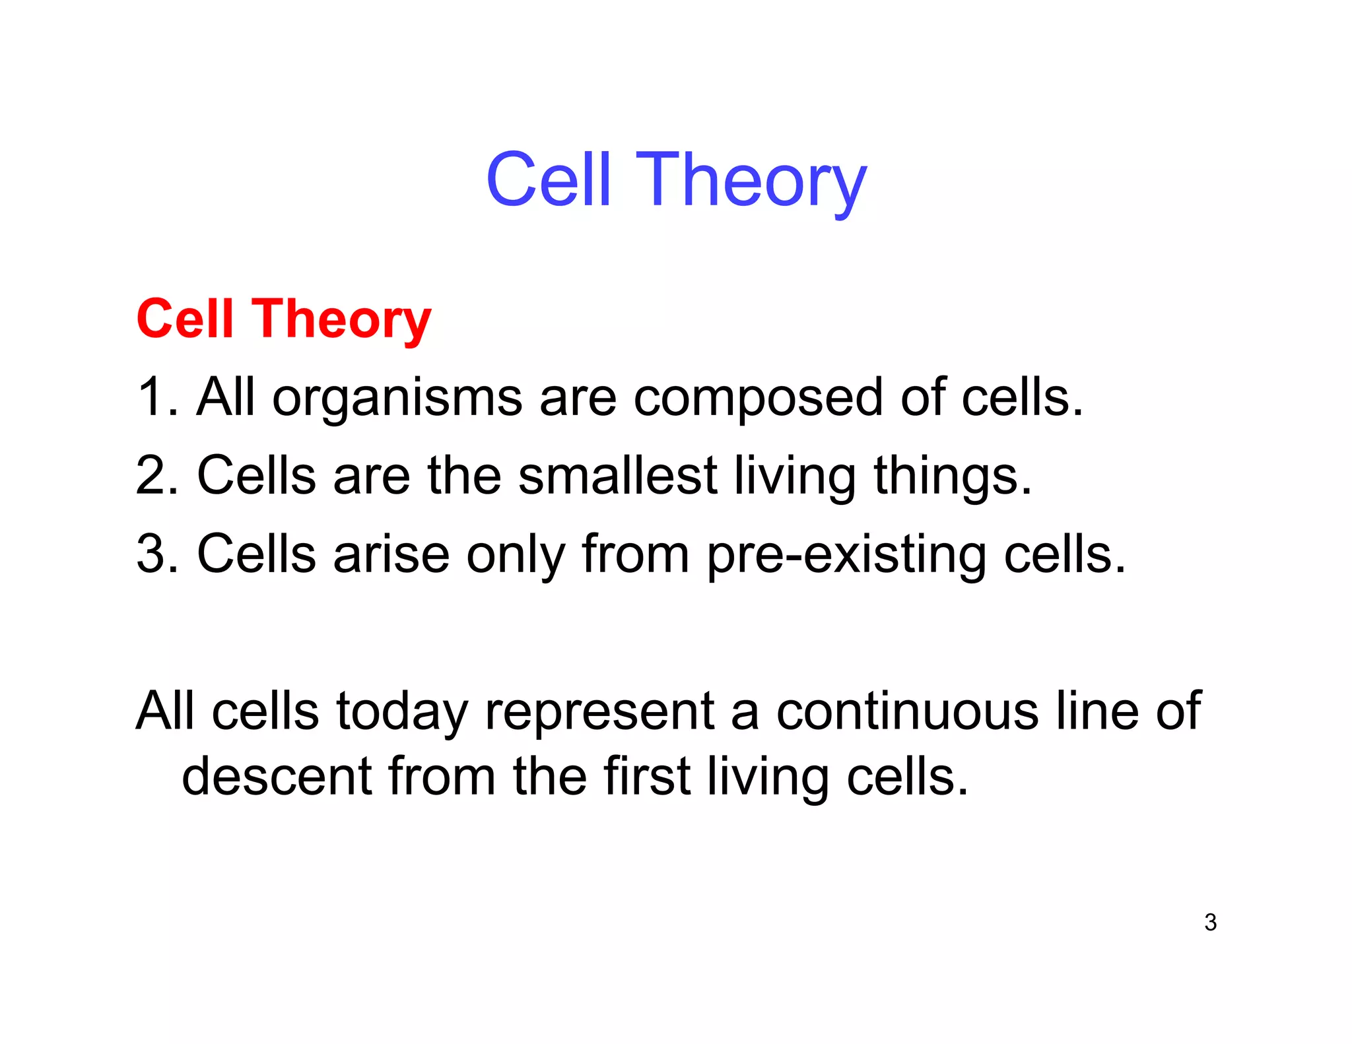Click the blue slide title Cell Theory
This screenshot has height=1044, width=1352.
(x=676, y=180)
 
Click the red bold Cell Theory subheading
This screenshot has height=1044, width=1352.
(x=283, y=319)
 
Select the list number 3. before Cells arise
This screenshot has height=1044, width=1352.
(x=157, y=554)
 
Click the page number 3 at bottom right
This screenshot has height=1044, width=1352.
(x=1210, y=923)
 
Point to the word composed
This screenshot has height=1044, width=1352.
(x=758, y=399)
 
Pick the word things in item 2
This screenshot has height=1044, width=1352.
(x=953, y=476)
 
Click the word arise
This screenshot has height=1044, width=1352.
(x=391, y=554)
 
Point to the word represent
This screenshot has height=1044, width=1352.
(x=599, y=712)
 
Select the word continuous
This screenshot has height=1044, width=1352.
(x=907, y=711)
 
